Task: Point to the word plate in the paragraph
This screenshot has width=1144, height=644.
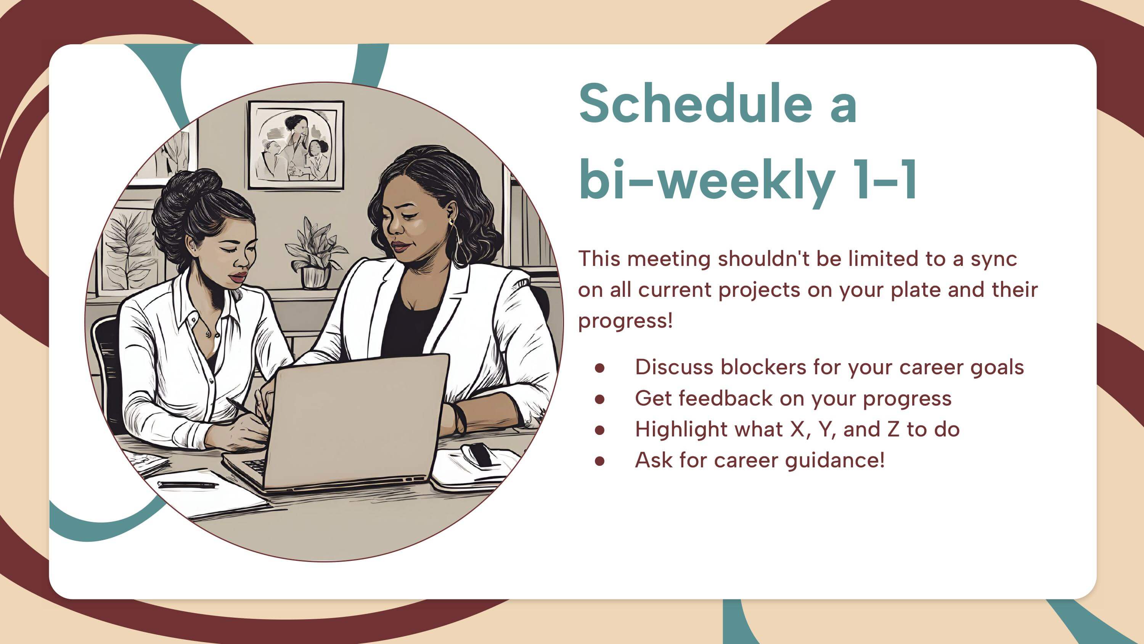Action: pos(916,290)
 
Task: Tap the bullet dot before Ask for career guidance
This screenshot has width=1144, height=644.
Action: pos(599,461)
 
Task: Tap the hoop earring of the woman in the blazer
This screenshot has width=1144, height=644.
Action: pos(458,242)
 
